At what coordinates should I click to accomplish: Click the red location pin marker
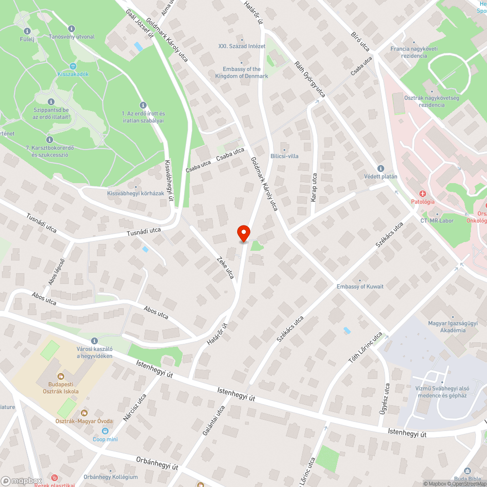click(x=243, y=233)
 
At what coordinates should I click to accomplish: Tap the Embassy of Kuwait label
click(x=360, y=286)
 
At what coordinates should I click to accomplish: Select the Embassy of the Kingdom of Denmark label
click(x=242, y=73)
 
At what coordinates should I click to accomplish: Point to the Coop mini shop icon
click(x=105, y=431)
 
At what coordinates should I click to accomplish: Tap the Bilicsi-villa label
click(x=284, y=156)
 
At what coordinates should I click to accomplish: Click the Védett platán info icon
click(x=381, y=168)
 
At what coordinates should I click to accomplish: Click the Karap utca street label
click(x=314, y=188)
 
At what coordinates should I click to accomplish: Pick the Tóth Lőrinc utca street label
click(x=365, y=348)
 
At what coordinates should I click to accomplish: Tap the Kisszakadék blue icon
click(x=73, y=66)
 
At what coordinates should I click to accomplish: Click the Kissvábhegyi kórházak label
click(x=136, y=193)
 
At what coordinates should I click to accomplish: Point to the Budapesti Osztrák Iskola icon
click(x=60, y=376)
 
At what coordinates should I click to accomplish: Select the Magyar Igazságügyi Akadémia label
click(x=453, y=327)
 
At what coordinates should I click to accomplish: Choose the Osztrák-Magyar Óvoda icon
click(x=84, y=412)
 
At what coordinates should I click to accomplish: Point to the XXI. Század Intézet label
click(x=242, y=46)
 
